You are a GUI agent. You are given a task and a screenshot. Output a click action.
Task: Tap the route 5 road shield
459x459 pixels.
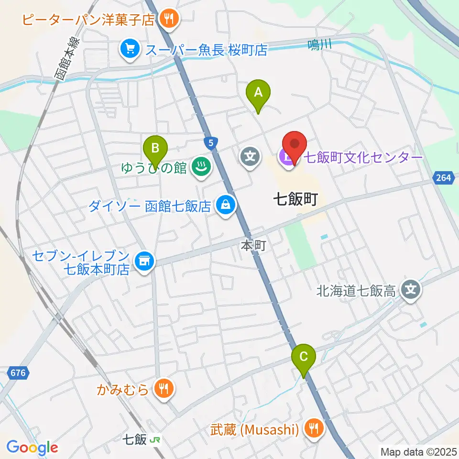[x=210, y=142]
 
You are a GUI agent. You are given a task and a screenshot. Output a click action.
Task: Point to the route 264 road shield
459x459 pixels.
[x=443, y=178]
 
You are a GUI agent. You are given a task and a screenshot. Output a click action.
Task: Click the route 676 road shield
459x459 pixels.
[x=19, y=372]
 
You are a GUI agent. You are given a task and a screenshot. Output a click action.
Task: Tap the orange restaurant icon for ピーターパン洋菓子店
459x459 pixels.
[x=168, y=19]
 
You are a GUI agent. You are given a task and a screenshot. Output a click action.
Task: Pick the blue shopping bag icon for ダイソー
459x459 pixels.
[x=224, y=206]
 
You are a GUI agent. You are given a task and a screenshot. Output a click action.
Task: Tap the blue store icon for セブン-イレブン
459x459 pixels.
[x=143, y=262]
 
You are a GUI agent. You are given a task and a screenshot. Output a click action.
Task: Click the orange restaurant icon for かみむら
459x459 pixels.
[x=164, y=389]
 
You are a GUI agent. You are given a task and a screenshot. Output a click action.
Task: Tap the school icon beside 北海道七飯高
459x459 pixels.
[x=410, y=290]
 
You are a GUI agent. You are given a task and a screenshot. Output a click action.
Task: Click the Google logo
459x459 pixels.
[x=32, y=448]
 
